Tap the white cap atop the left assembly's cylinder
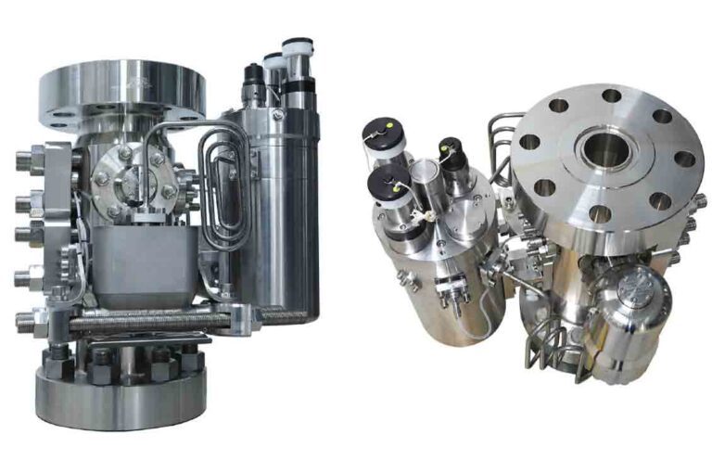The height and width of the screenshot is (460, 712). (297, 51)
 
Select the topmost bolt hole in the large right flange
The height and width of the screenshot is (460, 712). (612, 96)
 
